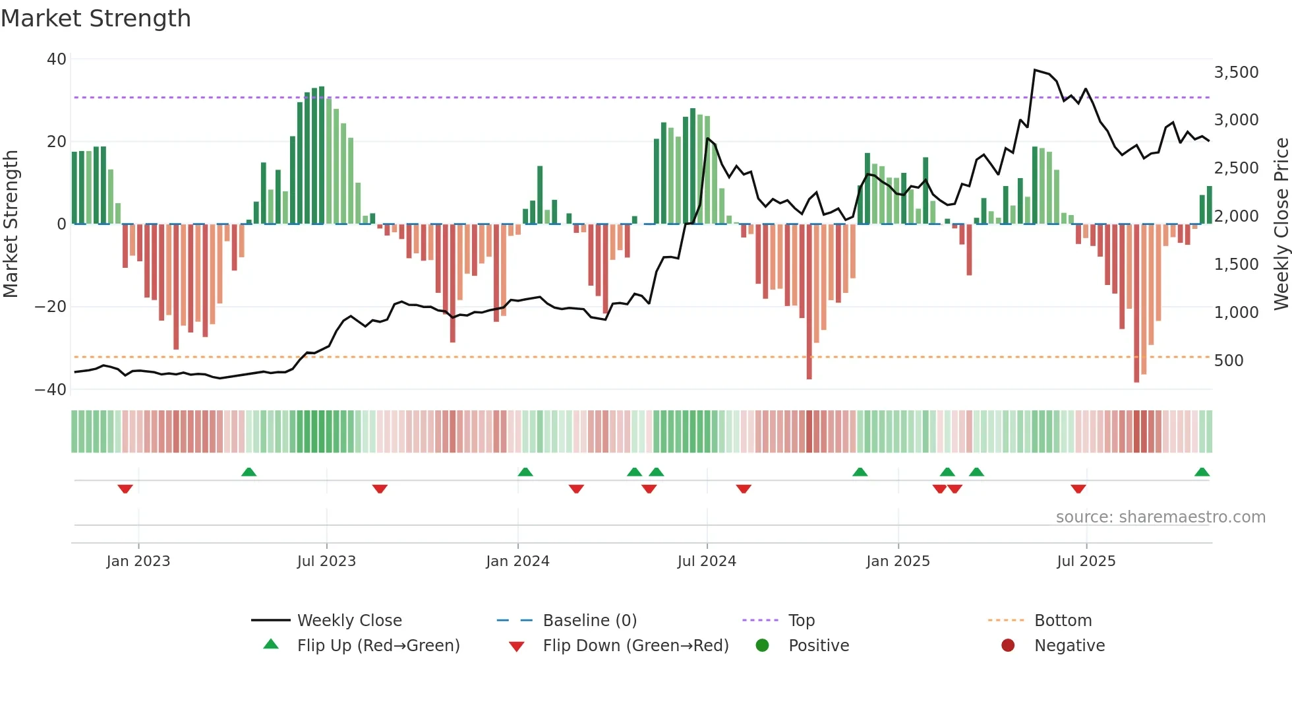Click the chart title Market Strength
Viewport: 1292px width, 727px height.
96,18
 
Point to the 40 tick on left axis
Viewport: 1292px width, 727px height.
57,59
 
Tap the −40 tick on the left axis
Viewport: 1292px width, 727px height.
51,389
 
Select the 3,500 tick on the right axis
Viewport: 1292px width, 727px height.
1236,72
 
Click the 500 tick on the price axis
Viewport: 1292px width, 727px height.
1229,360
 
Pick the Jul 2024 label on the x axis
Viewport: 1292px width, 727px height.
706,561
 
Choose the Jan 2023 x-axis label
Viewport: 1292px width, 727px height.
138,561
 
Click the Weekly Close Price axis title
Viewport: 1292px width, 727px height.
1281,224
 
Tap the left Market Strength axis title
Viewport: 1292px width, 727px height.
11,224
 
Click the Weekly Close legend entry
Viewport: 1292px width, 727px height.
349,620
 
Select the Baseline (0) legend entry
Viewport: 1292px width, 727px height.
589,620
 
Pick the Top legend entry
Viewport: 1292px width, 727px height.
801,620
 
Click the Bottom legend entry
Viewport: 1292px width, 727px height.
1063,620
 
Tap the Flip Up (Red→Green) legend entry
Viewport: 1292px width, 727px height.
378,645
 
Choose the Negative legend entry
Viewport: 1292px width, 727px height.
1069,645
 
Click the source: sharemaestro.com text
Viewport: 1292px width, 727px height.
1160,517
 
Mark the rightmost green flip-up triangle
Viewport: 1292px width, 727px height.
1202,472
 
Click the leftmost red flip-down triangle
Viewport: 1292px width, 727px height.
125,489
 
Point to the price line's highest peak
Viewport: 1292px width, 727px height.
1035,70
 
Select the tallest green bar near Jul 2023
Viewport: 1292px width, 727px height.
322,155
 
